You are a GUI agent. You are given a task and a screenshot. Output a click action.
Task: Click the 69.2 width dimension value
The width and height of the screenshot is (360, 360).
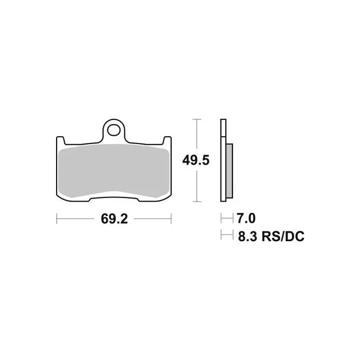click(114, 219)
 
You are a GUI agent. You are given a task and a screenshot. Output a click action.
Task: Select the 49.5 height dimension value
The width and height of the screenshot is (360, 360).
click(196, 160)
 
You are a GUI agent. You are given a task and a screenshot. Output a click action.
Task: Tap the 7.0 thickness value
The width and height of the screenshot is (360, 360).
click(246, 218)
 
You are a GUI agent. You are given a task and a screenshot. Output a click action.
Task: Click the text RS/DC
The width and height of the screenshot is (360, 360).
click(283, 236)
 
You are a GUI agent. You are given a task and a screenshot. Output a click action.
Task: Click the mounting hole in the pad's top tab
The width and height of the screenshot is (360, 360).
click(114, 130)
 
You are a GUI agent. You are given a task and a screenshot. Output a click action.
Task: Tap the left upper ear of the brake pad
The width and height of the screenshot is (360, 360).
click(60, 140)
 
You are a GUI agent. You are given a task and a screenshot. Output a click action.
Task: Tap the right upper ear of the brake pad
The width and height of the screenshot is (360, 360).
click(167, 140)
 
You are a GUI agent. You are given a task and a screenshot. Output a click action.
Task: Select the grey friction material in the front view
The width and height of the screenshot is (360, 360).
click(114, 171)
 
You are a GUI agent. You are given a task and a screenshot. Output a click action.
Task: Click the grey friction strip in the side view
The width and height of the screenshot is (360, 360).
click(229, 171)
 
